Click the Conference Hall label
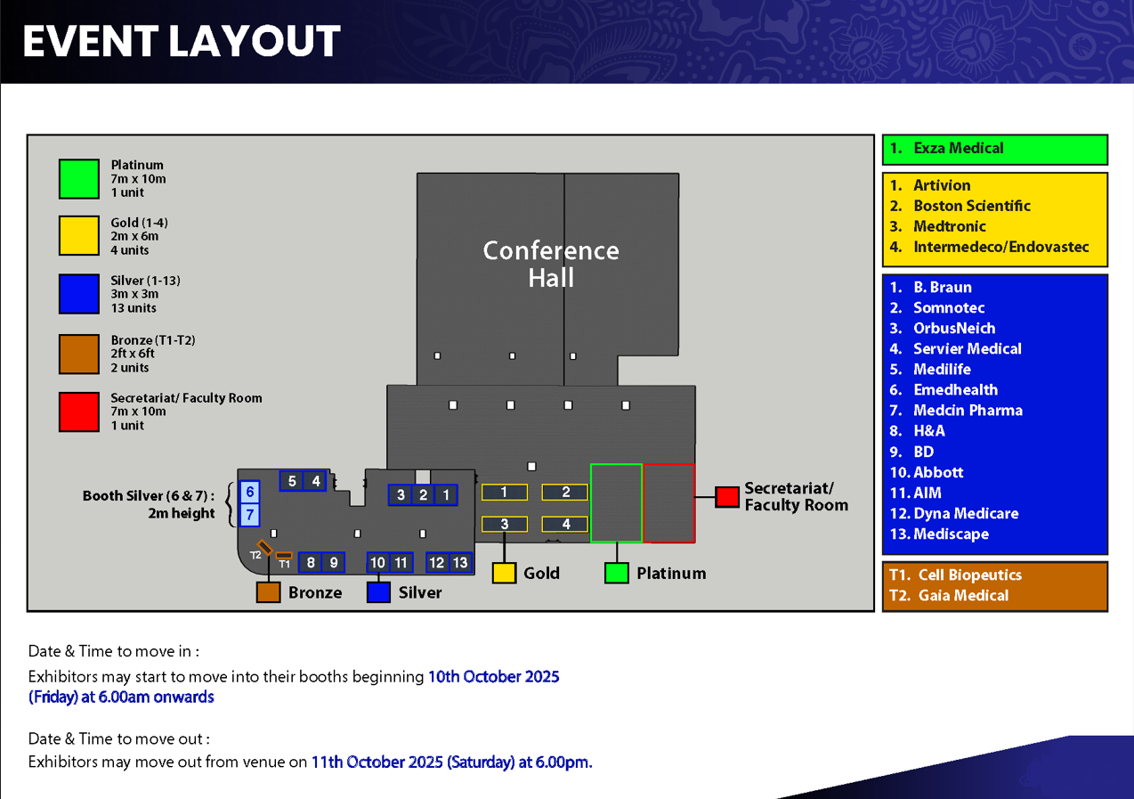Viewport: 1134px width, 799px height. [x=551, y=264]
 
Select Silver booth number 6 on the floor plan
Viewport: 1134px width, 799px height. [x=249, y=492]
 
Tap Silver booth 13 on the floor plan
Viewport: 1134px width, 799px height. [x=460, y=562]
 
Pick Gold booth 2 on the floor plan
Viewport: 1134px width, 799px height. [x=565, y=492]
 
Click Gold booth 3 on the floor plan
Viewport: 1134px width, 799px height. [x=504, y=524]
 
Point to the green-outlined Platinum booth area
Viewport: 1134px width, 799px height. [x=617, y=503]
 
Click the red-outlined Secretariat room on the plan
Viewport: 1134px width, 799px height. [x=668, y=503]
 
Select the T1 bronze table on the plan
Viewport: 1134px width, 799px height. [x=284, y=555]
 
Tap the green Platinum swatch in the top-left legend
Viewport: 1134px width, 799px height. [x=79, y=179]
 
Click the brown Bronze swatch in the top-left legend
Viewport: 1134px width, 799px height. [x=79, y=354]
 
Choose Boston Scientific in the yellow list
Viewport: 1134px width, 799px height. [x=971, y=206]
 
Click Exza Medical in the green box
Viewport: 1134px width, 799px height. [x=958, y=148]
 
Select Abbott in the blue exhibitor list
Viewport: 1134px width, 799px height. [x=938, y=472]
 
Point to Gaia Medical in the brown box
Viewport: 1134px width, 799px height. [x=963, y=595]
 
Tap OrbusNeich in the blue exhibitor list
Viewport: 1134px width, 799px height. [x=954, y=329]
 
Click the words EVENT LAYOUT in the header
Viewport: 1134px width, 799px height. [x=182, y=41]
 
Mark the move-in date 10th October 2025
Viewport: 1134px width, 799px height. [x=494, y=676]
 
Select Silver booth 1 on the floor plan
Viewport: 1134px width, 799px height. [x=446, y=495]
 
